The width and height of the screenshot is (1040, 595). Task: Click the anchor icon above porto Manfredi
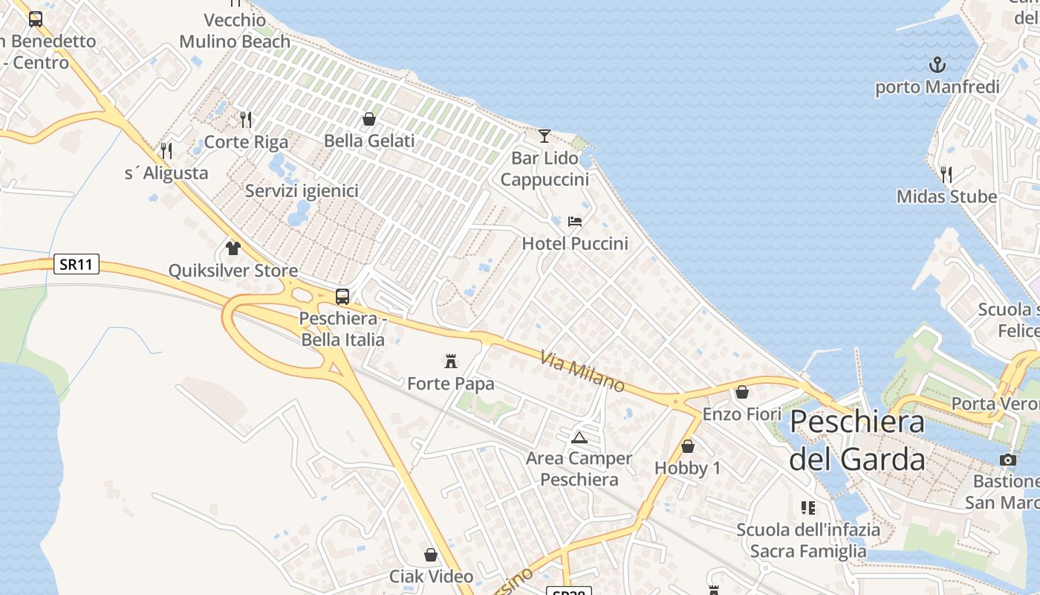[x=937, y=64]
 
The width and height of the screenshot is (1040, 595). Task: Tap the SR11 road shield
[x=76, y=264]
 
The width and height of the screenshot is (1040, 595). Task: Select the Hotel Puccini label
[x=575, y=243]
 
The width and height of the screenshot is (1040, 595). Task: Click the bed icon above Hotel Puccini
[x=575, y=221]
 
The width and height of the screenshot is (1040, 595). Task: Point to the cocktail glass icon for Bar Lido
[x=545, y=135]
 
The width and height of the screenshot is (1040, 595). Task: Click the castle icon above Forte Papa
[x=450, y=361]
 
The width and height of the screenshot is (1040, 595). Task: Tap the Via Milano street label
[x=583, y=371]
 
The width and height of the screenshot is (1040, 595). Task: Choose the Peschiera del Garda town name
[x=857, y=440]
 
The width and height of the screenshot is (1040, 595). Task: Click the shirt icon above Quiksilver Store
[x=233, y=248]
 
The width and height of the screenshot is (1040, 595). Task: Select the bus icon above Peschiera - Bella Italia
[x=342, y=296]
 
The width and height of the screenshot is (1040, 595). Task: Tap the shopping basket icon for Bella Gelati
[x=369, y=119]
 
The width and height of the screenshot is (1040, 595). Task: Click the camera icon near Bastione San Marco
[x=1008, y=460]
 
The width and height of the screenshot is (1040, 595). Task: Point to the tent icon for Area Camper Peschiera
[x=579, y=437]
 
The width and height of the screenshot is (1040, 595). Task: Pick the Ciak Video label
[x=431, y=576]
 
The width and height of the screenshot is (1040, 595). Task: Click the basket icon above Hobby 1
[x=688, y=446]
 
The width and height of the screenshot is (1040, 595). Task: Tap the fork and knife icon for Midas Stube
[x=946, y=175]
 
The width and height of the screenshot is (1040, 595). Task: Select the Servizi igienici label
[x=302, y=191]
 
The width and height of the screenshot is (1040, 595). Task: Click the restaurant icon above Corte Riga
[x=246, y=119]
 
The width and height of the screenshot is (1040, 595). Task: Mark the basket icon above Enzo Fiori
[x=742, y=392]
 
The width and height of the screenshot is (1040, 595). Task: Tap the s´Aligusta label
[x=166, y=173]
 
